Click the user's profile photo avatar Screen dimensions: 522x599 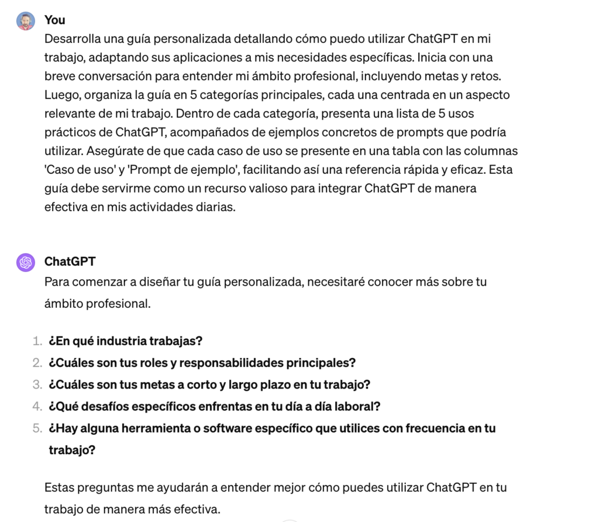(25, 21)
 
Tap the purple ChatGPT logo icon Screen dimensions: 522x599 (25, 263)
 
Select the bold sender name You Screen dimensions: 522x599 (55, 20)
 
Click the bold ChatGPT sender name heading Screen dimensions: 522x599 (70, 262)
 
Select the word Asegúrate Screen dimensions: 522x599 (115, 151)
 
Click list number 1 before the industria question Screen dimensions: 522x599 (37, 341)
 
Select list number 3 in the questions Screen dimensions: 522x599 (37, 384)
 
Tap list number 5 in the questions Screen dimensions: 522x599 (37, 428)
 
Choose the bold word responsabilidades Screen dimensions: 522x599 (230, 363)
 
